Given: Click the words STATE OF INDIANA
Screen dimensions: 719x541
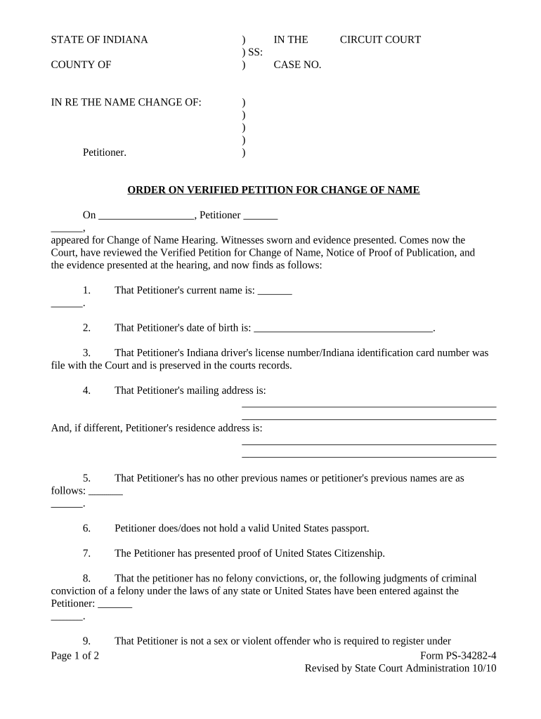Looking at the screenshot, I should (x=99, y=39).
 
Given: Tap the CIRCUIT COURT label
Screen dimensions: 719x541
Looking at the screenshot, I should (x=380, y=39).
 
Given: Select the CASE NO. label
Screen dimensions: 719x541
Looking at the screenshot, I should (x=297, y=65).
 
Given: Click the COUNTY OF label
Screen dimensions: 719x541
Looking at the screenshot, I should (x=81, y=65).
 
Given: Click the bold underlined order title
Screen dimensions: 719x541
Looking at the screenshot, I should (x=273, y=190).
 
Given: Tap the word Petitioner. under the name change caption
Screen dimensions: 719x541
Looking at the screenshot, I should (x=105, y=152).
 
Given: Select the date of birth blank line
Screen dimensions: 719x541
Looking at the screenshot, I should (x=343, y=328).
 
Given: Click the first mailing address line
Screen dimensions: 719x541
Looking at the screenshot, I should (x=369, y=406).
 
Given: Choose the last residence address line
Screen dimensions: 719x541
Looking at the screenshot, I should (x=369, y=456).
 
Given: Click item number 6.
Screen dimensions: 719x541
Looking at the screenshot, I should (x=86, y=528).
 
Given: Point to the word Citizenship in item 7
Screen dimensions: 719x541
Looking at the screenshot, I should (x=353, y=553).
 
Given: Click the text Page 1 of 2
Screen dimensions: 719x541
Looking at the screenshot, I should (x=75, y=656).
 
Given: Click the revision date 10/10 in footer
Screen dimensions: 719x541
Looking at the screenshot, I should (x=484, y=668).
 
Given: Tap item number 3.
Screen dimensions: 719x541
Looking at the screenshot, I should (x=86, y=352).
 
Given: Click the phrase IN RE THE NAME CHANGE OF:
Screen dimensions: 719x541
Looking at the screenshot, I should (x=126, y=103).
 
